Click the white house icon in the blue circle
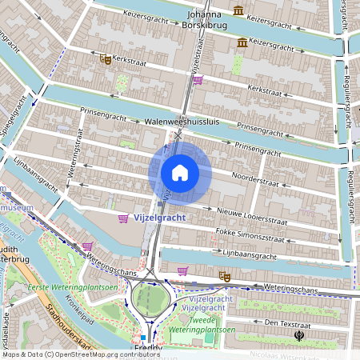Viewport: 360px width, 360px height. click(x=180, y=173)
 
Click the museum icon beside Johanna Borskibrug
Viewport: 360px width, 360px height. click(x=239, y=10)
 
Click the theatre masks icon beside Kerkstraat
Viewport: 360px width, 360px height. click(x=105, y=58)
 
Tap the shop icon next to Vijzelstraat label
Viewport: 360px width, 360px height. click(x=198, y=79)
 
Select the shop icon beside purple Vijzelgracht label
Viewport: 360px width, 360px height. click(x=122, y=218)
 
